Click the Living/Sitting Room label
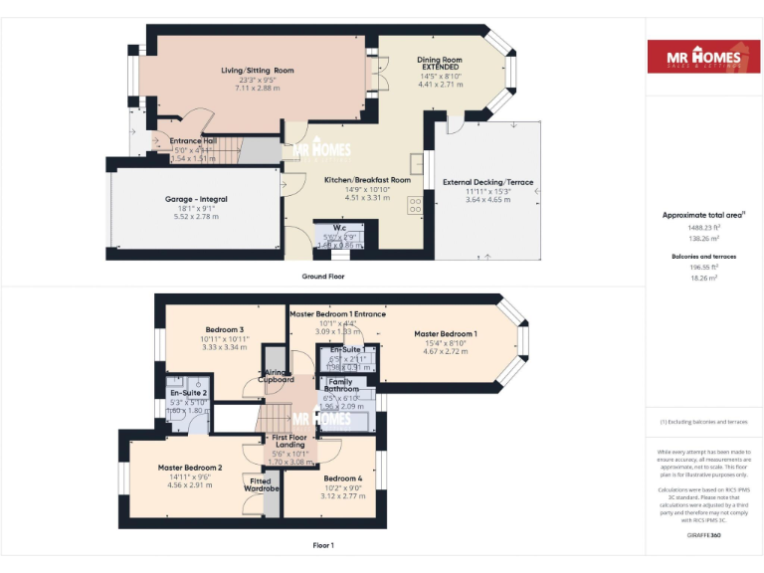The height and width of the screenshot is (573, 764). [258, 71]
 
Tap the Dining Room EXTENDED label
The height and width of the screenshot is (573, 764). [440, 65]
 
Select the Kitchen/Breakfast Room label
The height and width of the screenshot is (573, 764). [367, 180]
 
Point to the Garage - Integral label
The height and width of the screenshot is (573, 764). [196, 199]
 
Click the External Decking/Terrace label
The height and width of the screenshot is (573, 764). [488, 182]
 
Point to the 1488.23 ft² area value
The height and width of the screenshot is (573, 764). [702, 228]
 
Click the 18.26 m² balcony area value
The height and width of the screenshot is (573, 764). [702, 279]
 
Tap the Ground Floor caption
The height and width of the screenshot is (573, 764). [323, 276]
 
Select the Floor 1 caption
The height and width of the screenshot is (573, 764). [323, 545]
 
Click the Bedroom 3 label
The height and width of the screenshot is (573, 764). [225, 329]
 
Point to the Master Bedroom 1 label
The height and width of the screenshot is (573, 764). [445, 334]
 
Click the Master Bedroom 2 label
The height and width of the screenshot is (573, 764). [189, 468]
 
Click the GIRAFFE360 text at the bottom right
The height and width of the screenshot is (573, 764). [702, 536]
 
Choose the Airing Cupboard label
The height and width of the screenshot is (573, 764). [276, 375]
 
